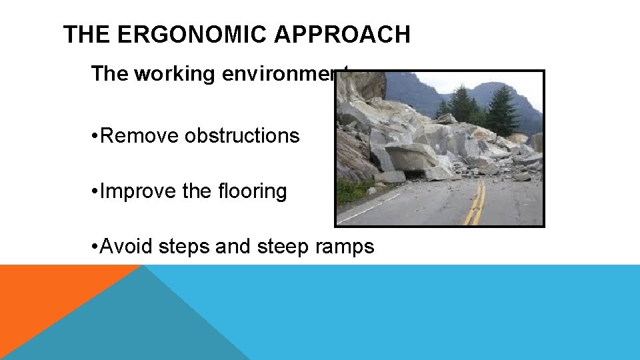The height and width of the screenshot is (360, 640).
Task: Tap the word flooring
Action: tap(251, 192)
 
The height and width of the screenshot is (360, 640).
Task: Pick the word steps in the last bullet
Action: tap(185, 247)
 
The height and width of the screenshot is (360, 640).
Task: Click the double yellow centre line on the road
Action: tap(475, 203)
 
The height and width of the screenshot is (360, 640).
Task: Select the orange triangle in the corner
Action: tap(40, 300)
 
